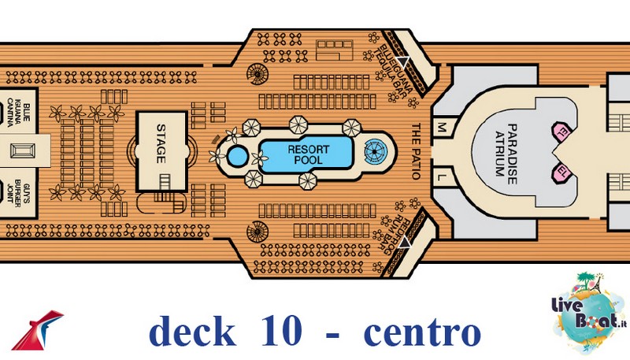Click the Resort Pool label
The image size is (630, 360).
point(307,154)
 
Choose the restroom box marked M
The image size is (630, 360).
point(441,127)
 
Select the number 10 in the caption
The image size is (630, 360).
point(278,332)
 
